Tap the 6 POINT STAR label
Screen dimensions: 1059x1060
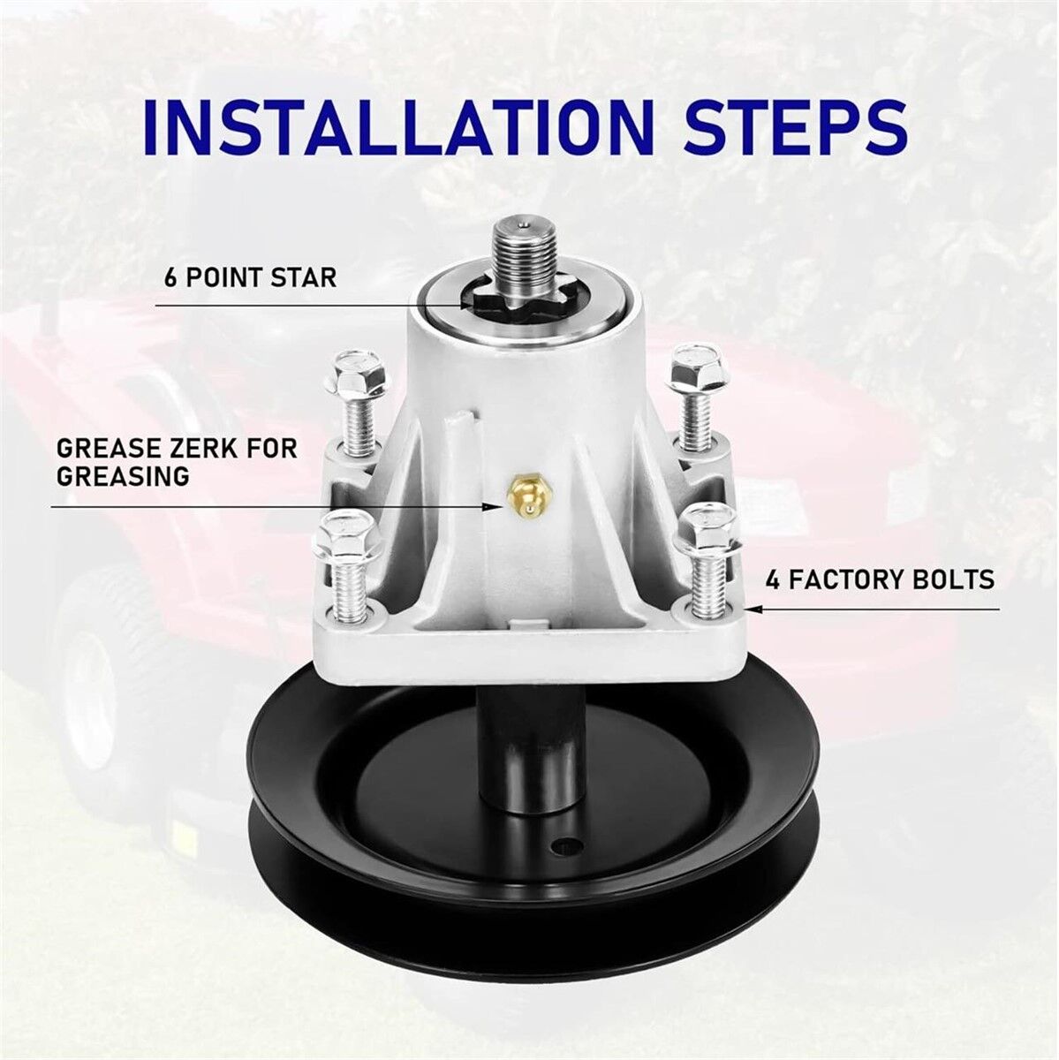pyautogui.click(x=250, y=276)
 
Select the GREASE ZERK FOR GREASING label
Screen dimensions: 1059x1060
pyautogui.click(x=177, y=462)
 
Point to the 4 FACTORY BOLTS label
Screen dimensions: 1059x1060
pyautogui.click(x=881, y=579)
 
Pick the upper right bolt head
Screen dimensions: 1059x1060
pyautogui.click(x=696, y=367)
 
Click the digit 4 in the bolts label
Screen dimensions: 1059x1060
pyautogui.click(x=774, y=579)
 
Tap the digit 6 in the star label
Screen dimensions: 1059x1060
pyautogui.click(x=171, y=276)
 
